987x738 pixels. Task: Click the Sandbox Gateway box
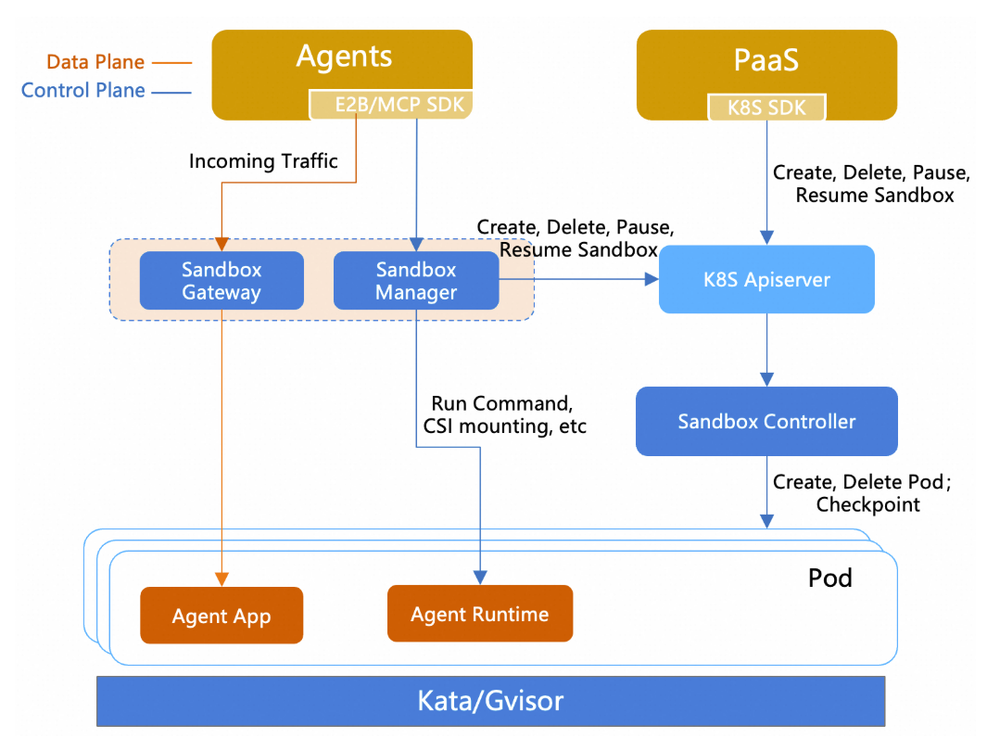coord(221,281)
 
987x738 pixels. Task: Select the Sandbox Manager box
coord(416,281)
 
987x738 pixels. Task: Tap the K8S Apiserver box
coord(766,280)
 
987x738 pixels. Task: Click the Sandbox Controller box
coord(766,421)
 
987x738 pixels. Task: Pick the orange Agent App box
coord(221,616)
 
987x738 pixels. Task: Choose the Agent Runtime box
coord(480,614)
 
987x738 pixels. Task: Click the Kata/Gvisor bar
coord(491,701)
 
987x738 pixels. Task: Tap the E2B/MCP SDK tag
coord(391,105)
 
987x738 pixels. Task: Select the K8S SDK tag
coord(766,107)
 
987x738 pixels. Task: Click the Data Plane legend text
coord(95,62)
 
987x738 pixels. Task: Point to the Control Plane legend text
coord(83,90)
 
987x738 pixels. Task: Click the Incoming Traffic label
coord(263,161)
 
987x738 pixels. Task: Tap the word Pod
coord(830,578)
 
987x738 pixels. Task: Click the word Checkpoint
coord(868,504)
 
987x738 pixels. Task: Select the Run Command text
coord(501,403)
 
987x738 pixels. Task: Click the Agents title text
coord(345,57)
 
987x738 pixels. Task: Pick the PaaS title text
coord(766,60)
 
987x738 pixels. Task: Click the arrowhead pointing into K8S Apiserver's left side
coord(652,279)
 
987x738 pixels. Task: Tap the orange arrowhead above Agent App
coord(221,579)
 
